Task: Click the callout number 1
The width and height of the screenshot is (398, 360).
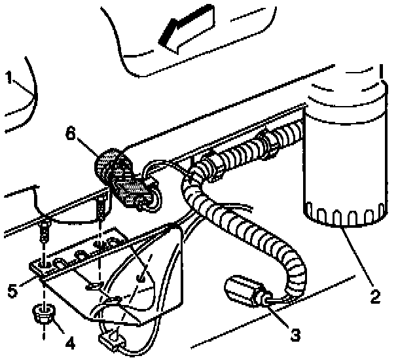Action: [x=9, y=79]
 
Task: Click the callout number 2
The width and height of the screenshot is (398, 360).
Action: [x=374, y=297]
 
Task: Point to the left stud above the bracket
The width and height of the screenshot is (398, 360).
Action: [x=43, y=229]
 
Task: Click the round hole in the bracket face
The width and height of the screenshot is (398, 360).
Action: [x=141, y=278]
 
